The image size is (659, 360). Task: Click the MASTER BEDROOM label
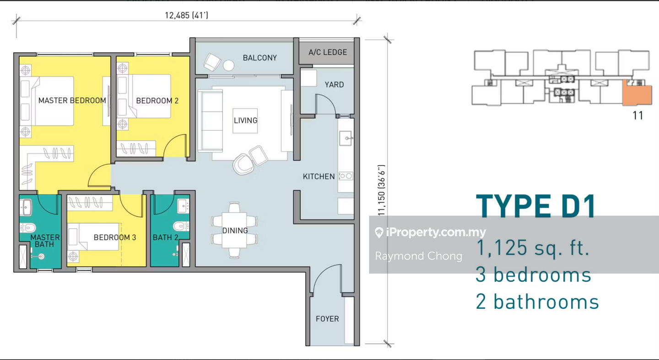pyautogui.click(x=72, y=101)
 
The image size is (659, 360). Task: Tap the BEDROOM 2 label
pyautogui.click(x=157, y=101)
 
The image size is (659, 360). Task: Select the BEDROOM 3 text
pyautogui.click(x=115, y=237)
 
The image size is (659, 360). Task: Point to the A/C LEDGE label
pyautogui.click(x=328, y=52)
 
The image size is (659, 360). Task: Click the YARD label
pyautogui.click(x=334, y=85)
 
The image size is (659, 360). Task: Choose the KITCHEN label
pyautogui.click(x=319, y=177)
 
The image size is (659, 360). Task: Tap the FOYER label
pyautogui.click(x=327, y=319)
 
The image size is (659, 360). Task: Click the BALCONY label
pyautogui.click(x=260, y=58)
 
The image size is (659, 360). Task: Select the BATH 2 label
pyautogui.click(x=165, y=237)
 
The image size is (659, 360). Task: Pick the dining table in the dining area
pyautogui.click(x=234, y=230)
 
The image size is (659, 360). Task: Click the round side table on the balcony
pyautogui.click(x=229, y=65)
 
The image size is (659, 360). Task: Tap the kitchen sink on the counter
pyautogui.click(x=346, y=138)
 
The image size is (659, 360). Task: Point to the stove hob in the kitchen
pyautogui.click(x=346, y=176)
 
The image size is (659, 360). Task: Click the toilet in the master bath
pyautogui.click(x=28, y=228)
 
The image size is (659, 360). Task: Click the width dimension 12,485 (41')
pyautogui.click(x=187, y=15)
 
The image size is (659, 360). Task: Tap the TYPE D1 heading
pyautogui.click(x=536, y=206)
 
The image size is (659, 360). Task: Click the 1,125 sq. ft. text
pyautogui.click(x=533, y=248)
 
